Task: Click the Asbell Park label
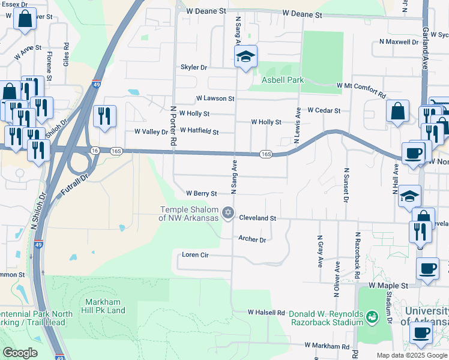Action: click(282, 80)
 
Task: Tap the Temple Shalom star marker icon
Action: click(228, 212)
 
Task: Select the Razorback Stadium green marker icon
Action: click(372, 316)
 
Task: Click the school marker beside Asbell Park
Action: click(245, 58)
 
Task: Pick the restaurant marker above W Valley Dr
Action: click(104, 116)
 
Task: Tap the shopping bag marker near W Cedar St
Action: click(397, 112)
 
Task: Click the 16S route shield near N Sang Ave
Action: click(267, 154)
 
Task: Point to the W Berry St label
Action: click(201, 194)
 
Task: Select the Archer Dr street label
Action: click(252, 239)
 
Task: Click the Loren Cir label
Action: click(195, 255)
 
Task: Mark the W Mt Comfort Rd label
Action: click(361, 90)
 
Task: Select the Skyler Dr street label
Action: click(193, 68)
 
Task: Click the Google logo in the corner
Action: click(20, 353)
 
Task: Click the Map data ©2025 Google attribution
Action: click(411, 355)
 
